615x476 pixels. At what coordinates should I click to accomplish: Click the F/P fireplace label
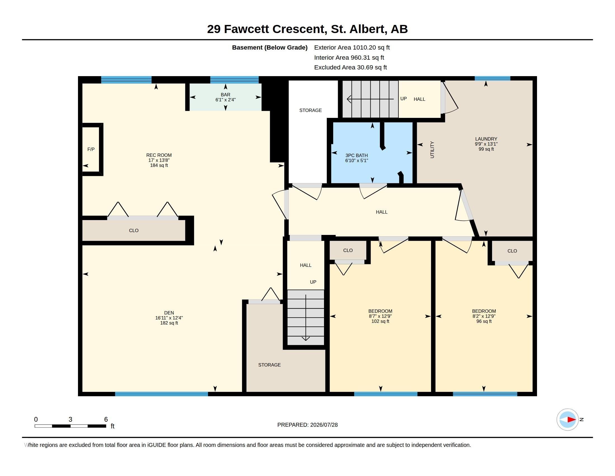pyautogui.click(x=91, y=149)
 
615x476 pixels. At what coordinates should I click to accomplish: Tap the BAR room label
pyautogui.click(x=225, y=95)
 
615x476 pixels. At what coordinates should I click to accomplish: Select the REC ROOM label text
pyautogui.click(x=159, y=155)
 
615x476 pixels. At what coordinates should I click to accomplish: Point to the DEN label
pyautogui.click(x=169, y=313)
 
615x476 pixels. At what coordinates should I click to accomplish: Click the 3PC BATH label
pyautogui.click(x=356, y=155)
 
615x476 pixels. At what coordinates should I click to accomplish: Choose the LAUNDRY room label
pyautogui.click(x=486, y=139)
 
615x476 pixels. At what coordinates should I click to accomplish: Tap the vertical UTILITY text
pyautogui.click(x=432, y=150)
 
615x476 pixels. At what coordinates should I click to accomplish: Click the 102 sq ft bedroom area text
pyautogui.click(x=380, y=321)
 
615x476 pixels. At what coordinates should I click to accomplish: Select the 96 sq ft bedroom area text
pyautogui.click(x=484, y=321)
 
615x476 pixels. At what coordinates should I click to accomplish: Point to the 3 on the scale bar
pyautogui.click(x=70, y=419)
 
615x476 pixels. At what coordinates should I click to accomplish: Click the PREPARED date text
pyautogui.click(x=307, y=425)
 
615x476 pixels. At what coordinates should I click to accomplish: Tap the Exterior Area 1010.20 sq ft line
pyautogui.click(x=352, y=47)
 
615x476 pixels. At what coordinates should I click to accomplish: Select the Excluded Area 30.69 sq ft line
pyautogui.click(x=350, y=67)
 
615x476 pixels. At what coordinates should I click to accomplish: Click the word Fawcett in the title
pyautogui.click(x=246, y=29)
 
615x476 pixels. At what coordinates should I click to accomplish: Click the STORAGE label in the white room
pyautogui.click(x=310, y=110)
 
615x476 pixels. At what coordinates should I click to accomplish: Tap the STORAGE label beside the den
pyautogui.click(x=269, y=365)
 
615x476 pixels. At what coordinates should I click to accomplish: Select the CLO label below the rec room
pyautogui.click(x=133, y=230)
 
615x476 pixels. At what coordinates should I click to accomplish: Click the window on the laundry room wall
pyautogui.click(x=492, y=78)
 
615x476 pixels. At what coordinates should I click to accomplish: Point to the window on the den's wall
pyautogui.click(x=161, y=394)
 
